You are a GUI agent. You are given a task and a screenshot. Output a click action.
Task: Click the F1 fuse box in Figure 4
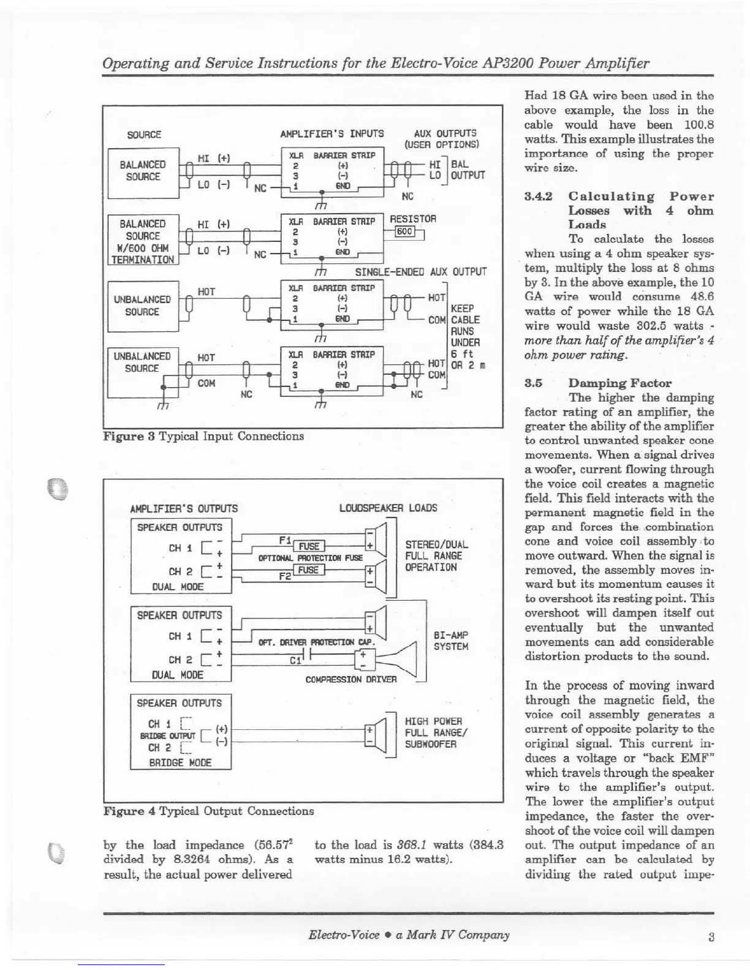click(309, 546)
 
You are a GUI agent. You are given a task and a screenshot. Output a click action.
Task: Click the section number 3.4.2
click(539, 197)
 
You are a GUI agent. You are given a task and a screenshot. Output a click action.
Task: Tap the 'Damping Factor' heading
click(619, 383)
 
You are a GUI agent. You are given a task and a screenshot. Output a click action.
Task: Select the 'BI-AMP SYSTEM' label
click(450, 641)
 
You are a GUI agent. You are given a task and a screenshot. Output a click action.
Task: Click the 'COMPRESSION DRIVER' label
click(350, 679)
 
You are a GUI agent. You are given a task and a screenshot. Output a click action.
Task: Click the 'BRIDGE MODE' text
click(172, 762)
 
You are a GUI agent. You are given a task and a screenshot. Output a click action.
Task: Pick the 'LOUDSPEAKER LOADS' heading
click(388, 508)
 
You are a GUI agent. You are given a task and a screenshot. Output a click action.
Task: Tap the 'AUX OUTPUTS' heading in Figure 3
click(445, 133)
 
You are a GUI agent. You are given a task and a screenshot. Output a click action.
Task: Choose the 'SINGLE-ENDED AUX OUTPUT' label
click(420, 271)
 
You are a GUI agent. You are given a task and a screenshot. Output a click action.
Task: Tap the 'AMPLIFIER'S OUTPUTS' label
click(184, 508)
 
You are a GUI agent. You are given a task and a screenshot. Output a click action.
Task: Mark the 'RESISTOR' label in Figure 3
click(413, 219)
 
